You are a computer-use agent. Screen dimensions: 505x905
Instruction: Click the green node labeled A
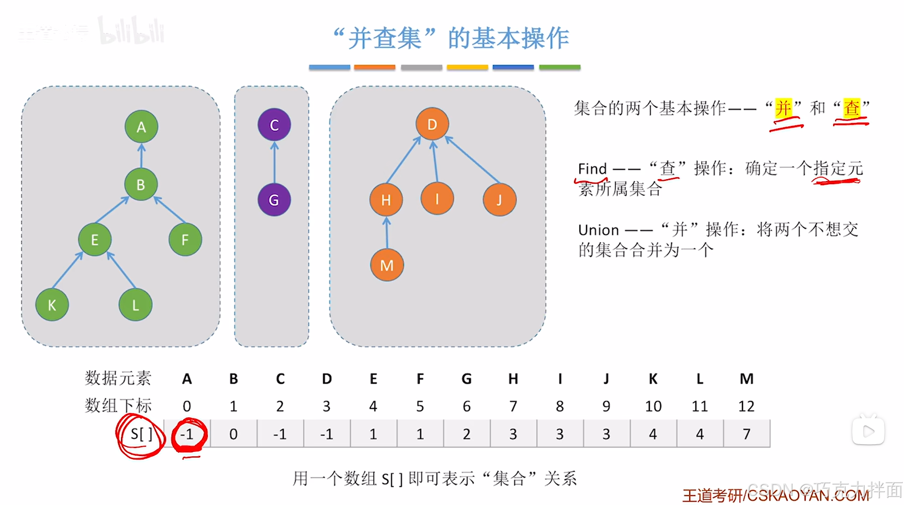click(x=141, y=127)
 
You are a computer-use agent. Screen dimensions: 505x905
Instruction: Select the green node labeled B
click(x=141, y=185)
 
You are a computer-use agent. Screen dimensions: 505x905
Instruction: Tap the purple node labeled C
click(x=274, y=125)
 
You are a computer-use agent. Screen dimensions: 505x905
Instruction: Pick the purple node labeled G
click(x=274, y=200)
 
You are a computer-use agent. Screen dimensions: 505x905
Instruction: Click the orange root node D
click(x=432, y=125)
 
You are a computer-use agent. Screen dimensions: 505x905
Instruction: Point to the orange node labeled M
click(x=387, y=265)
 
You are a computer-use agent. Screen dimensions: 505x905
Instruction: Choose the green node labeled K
click(x=52, y=305)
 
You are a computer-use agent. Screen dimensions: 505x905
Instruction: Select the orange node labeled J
click(x=499, y=200)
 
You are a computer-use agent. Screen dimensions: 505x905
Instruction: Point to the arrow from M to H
click(x=387, y=233)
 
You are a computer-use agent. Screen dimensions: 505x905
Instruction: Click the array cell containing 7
click(x=747, y=434)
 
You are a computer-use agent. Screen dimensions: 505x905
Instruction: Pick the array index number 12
click(x=746, y=406)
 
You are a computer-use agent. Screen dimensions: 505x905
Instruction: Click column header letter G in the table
click(x=466, y=379)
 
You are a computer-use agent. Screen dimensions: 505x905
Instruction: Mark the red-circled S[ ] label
click(x=141, y=434)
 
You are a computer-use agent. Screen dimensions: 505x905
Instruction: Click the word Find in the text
click(x=592, y=169)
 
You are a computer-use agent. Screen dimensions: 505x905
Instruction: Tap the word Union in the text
click(x=598, y=230)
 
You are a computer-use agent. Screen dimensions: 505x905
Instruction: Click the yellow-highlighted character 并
click(x=783, y=108)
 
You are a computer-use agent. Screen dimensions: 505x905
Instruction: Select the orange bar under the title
click(x=375, y=68)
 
